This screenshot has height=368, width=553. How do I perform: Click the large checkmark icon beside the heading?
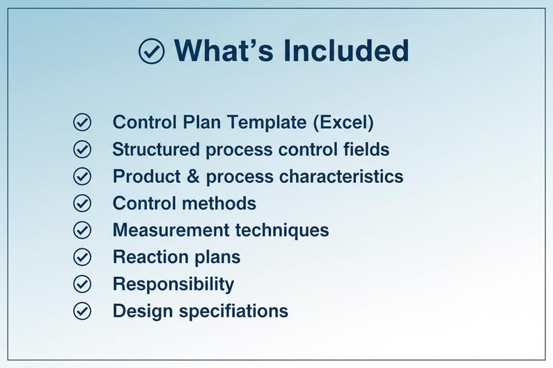[152, 51]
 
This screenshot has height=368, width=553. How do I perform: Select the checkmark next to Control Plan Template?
[82, 122]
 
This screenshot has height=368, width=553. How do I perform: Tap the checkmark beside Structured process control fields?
[82, 150]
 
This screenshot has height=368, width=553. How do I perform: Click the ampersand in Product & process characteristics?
[193, 177]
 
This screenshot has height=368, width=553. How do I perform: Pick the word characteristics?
[341, 177]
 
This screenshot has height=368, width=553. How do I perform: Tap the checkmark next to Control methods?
[82, 203]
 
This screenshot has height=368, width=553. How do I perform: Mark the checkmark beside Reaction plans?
[82, 257]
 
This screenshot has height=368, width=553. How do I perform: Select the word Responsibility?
[173, 284]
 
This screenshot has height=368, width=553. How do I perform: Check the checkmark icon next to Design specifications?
[82, 310]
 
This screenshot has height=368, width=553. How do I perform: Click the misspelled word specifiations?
[233, 311]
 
